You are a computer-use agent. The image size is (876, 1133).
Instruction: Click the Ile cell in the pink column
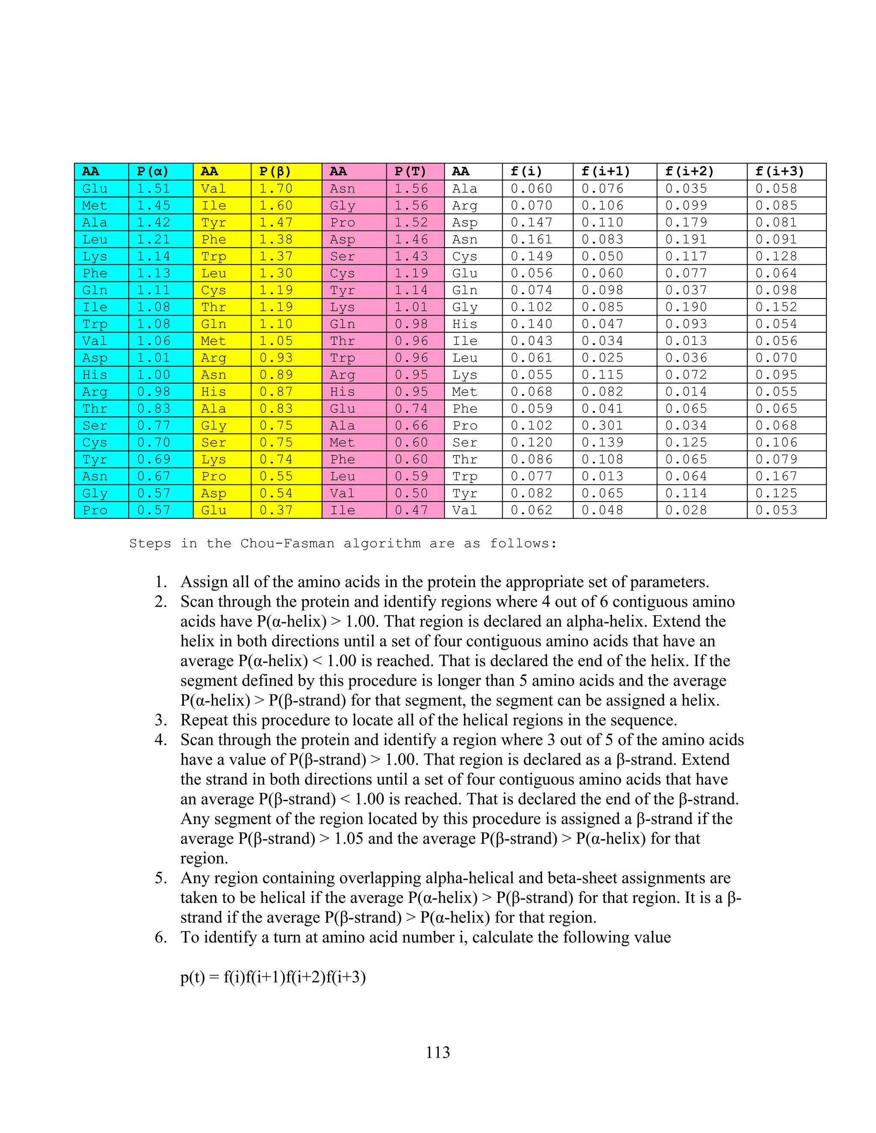343,510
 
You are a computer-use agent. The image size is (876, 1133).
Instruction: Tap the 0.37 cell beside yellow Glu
276,510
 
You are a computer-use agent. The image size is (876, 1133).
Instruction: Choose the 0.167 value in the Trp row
776,476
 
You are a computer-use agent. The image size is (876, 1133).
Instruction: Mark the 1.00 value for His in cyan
154,375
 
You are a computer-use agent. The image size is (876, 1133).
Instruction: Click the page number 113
438,1052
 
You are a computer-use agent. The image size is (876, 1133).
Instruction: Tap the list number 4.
161,740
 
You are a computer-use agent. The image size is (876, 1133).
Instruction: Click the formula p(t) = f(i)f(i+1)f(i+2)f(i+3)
273,977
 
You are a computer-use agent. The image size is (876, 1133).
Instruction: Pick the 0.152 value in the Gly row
776,307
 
